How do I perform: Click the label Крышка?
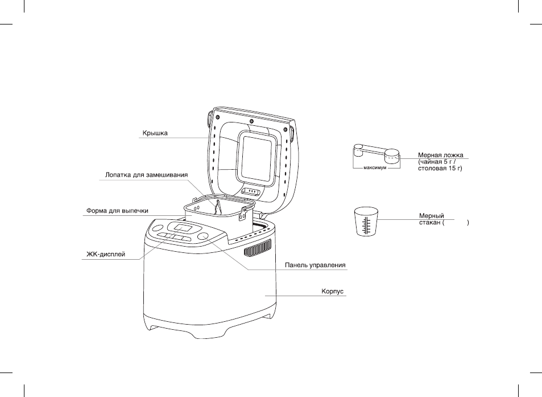click(155, 133)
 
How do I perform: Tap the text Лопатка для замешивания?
click(147, 175)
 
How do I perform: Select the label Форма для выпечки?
click(117, 210)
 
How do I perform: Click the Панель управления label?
click(315, 265)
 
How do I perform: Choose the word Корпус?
click(333, 291)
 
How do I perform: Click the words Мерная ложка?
click(441, 155)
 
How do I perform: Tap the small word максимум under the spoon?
click(375, 168)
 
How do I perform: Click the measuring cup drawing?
click(366, 222)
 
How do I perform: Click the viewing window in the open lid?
click(256, 157)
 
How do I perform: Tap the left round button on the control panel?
click(158, 228)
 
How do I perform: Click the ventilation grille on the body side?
click(257, 248)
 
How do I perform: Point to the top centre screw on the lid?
click(251, 121)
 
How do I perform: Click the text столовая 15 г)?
click(440, 169)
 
